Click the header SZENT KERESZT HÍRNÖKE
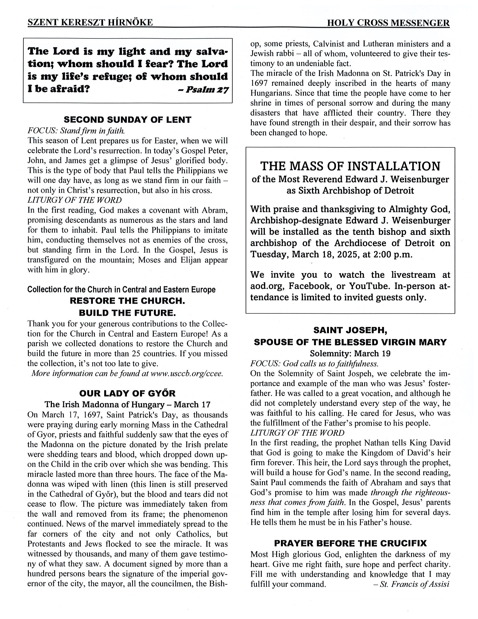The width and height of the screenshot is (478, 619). point(90,22)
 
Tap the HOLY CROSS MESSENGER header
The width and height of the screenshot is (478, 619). point(388,23)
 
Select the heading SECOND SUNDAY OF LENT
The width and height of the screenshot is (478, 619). point(128,120)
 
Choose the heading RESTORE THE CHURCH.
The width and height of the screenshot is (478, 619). point(128,301)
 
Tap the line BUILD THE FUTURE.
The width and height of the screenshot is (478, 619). point(128,313)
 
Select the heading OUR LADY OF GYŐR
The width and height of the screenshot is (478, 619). point(128,393)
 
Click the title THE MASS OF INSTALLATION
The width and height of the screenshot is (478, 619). point(350,166)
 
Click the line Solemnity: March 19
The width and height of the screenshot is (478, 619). point(350,354)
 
